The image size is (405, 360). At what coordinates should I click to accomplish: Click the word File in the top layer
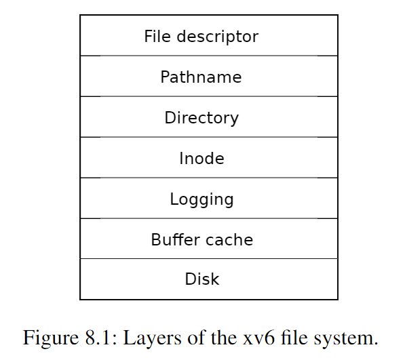tap(157, 36)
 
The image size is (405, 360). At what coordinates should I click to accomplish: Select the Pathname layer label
tap(201, 77)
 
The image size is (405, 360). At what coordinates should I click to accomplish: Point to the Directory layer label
tap(201, 118)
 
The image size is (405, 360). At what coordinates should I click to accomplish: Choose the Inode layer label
tap(201, 158)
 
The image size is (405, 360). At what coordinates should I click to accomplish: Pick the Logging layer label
tap(201, 199)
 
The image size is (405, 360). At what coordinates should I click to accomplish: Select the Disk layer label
tap(202, 279)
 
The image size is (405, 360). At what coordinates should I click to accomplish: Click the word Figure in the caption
tap(51, 338)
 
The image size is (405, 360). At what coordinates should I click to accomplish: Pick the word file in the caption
tap(294, 338)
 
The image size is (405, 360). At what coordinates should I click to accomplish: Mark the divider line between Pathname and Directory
tap(209, 96)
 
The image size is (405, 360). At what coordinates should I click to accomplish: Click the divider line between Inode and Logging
tap(209, 178)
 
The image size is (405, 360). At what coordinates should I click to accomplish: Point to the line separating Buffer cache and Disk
tap(209, 258)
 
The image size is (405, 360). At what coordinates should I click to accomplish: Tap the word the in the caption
tap(223, 338)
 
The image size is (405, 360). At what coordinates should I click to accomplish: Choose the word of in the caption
tap(196, 338)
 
